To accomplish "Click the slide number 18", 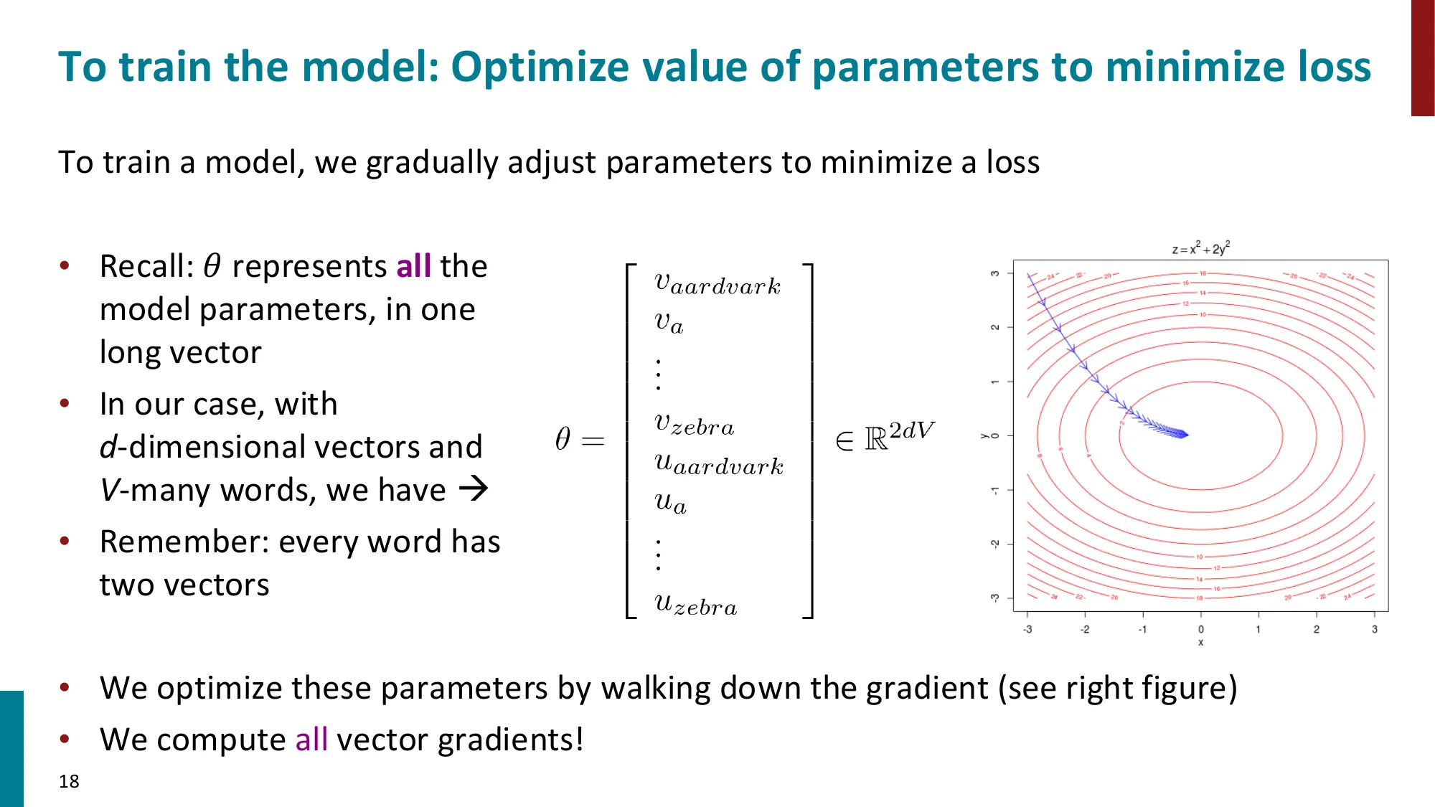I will (69, 781).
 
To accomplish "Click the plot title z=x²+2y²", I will (1200, 249).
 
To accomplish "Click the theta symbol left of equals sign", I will (563, 438).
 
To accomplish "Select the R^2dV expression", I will (899, 435).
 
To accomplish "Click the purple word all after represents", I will (413, 266).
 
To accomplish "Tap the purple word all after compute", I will (311, 740).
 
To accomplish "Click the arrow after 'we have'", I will (474, 490).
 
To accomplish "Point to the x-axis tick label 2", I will (1316, 629).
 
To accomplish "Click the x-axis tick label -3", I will (1027, 629).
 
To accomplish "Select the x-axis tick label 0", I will (1201, 629).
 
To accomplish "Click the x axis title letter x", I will (1200, 643).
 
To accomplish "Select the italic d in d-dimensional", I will (108, 447).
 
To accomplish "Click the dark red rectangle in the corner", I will (1422, 57).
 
